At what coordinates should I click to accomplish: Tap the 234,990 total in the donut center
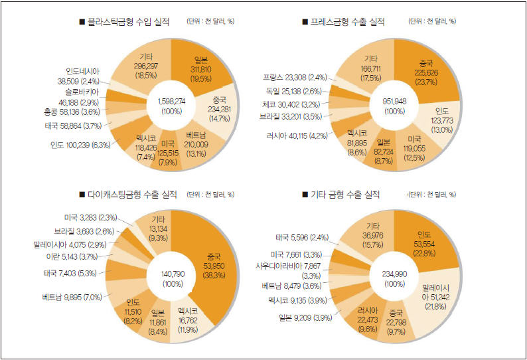click(x=396, y=278)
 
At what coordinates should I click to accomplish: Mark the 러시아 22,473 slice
click(x=364, y=317)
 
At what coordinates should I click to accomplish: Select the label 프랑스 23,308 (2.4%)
click(x=293, y=76)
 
